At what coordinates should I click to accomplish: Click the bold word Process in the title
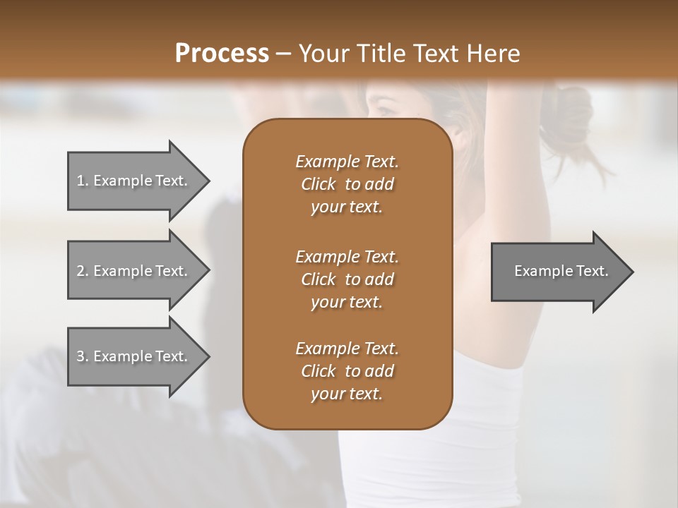click(x=222, y=53)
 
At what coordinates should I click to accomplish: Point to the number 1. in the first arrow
click(x=83, y=181)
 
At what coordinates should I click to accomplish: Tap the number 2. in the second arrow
click(x=83, y=271)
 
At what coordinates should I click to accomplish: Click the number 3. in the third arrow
click(x=83, y=356)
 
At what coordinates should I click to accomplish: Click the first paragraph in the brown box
click(x=347, y=184)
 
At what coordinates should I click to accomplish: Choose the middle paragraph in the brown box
click(x=347, y=279)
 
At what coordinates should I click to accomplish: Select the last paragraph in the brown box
click(x=347, y=371)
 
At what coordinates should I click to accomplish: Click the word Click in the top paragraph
click(x=318, y=184)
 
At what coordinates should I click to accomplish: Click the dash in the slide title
click(x=283, y=54)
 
